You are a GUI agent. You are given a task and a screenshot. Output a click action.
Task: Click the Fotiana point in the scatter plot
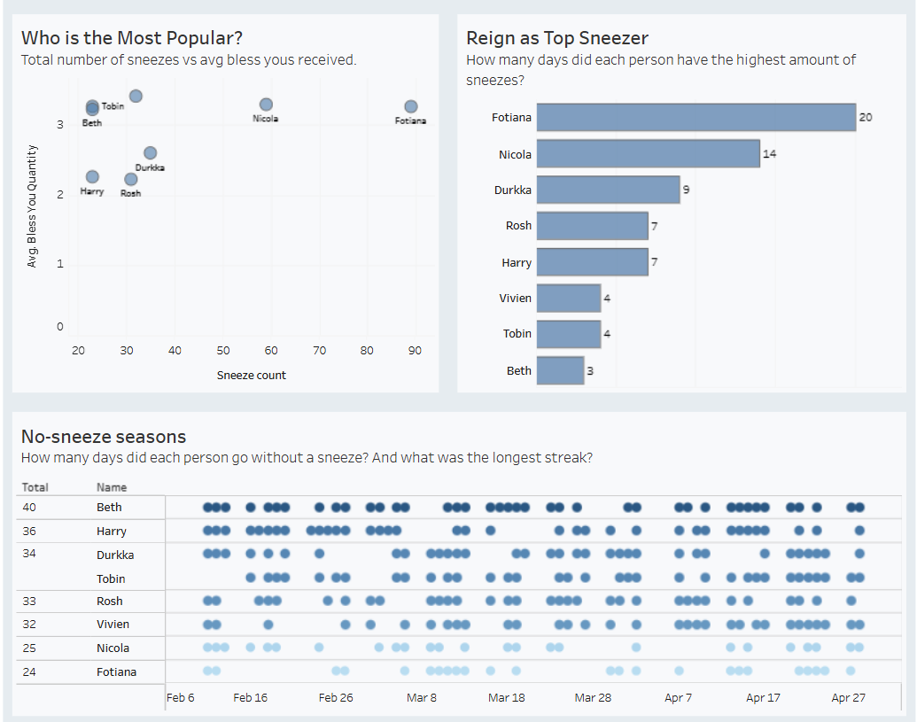[411, 107]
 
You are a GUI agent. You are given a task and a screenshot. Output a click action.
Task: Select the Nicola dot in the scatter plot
[266, 105]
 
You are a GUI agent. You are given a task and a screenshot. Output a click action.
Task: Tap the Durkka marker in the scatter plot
[151, 153]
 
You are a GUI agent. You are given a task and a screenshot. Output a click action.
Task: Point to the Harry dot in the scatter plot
[92, 177]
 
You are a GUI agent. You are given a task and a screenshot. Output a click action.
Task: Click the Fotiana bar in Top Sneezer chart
[696, 117]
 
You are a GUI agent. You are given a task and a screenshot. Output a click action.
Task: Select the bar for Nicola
[648, 153]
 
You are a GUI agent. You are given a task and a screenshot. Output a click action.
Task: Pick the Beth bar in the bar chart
[560, 370]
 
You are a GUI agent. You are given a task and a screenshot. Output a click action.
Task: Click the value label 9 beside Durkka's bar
[686, 190]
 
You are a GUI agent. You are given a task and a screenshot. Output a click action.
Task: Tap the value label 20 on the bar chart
[866, 118]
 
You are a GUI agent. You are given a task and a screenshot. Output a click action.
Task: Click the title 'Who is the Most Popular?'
[132, 38]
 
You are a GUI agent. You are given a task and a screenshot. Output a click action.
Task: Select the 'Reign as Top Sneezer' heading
[557, 38]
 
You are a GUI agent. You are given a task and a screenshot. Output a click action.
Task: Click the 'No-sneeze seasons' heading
[104, 437]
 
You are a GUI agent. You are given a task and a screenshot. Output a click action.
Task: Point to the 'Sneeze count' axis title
[252, 376]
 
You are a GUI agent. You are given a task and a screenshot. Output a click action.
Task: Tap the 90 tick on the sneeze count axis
[415, 351]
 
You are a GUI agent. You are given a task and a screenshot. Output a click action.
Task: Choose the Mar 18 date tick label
[506, 698]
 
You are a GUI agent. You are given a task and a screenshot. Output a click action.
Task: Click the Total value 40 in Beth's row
[29, 508]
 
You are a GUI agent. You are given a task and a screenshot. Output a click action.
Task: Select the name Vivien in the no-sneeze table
[113, 625]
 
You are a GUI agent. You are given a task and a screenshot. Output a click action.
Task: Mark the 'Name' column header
[112, 487]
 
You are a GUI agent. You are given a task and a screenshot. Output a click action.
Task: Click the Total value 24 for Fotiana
[29, 672]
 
